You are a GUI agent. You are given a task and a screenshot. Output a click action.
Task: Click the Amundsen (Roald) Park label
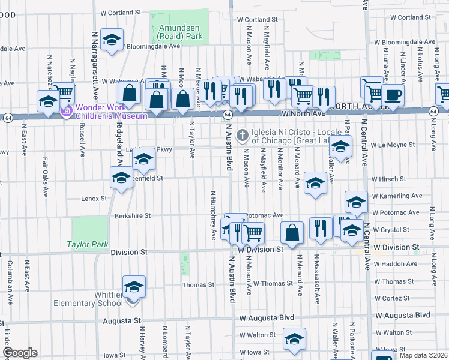click(180, 32)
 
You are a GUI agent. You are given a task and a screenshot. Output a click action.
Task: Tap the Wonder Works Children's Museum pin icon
click(68, 111)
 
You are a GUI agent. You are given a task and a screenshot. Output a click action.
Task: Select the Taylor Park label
click(88, 244)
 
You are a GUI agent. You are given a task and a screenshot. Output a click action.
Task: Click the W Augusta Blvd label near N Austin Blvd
click(267, 317)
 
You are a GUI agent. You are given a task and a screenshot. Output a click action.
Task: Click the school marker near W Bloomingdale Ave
click(111, 41)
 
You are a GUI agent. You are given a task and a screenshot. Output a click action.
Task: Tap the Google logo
click(20, 353)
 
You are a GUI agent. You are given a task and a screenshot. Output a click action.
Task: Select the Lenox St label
click(94, 198)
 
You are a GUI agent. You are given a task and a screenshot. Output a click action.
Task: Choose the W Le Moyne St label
click(393, 145)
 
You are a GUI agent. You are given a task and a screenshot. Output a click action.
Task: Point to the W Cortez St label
click(395, 298)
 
